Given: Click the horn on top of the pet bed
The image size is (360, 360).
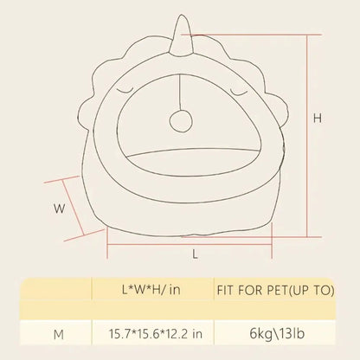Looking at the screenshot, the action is coord(181,36).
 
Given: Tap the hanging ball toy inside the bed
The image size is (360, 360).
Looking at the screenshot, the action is coord(181,121).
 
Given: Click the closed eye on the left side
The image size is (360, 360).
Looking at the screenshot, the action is coord(125,92).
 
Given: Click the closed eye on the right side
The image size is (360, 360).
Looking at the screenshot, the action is coord(239,92).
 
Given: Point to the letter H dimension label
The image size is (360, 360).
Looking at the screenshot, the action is coord(318,119).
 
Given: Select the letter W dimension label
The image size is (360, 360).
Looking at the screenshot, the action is coord(59,209).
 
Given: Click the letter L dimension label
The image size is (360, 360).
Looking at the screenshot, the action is coord(196,254).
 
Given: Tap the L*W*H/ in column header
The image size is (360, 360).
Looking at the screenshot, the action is coord(151,290).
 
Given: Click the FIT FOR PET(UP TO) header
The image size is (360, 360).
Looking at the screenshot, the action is coord(275,290).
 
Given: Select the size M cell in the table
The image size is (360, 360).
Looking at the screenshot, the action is coord(59,335).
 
